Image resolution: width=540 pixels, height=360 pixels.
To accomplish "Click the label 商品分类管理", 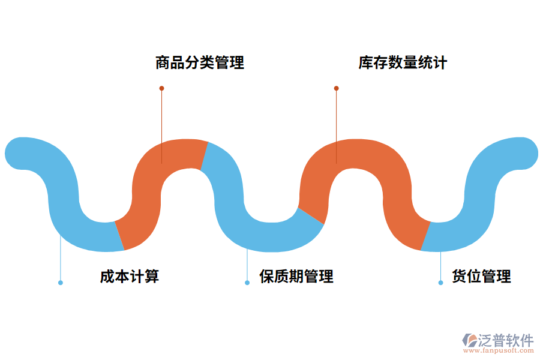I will click(x=200, y=63).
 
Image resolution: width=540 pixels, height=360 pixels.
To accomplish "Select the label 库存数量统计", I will click(x=403, y=63).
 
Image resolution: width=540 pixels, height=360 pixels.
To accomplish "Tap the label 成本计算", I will click(x=130, y=277).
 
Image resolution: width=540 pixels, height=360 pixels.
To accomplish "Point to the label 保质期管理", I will click(x=296, y=277).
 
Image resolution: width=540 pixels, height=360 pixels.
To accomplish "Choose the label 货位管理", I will click(x=481, y=277).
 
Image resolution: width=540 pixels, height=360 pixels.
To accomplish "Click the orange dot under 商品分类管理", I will click(x=161, y=88).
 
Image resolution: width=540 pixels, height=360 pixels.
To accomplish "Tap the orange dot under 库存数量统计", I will click(x=336, y=88).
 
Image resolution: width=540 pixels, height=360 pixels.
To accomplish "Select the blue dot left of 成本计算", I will click(x=60, y=283).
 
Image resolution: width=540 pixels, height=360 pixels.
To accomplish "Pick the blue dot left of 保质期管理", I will click(x=247, y=283).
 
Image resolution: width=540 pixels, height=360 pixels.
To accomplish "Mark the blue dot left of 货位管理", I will click(x=440, y=283).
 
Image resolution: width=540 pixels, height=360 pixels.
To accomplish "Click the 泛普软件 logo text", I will click(x=506, y=340).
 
